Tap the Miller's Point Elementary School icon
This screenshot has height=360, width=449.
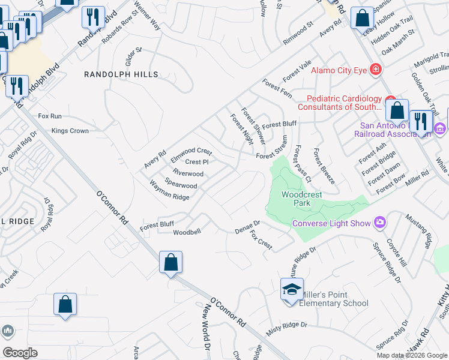(292, 290)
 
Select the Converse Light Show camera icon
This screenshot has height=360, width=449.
(379, 223)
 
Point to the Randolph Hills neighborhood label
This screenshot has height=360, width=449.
(121, 74)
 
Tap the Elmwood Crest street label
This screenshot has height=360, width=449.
(191, 151)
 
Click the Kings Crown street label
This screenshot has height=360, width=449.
(70, 131)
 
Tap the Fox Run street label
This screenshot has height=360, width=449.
(50, 116)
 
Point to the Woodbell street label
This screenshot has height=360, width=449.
(187, 232)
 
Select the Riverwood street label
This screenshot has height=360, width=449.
(188, 174)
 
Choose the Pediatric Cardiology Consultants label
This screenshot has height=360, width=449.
(344, 103)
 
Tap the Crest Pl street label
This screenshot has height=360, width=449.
(196, 162)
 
